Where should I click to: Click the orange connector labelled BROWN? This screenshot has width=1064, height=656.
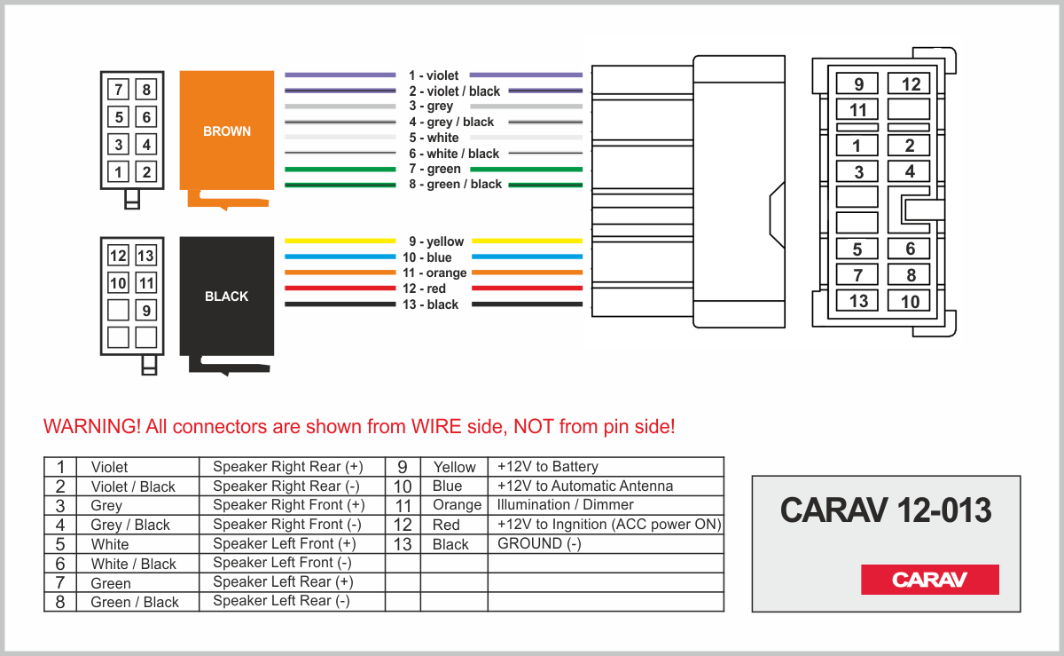(x=227, y=130)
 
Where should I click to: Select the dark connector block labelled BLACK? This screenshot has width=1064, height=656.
(x=227, y=296)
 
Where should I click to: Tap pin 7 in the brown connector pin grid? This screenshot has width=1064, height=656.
(x=118, y=90)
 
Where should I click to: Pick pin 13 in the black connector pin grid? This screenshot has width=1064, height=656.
(x=145, y=256)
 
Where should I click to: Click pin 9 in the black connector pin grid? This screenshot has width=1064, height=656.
(x=145, y=310)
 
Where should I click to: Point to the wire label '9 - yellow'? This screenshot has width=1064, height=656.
(x=436, y=241)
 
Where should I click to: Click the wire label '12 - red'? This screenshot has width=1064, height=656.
(x=424, y=288)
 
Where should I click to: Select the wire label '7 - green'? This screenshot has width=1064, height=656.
(x=434, y=169)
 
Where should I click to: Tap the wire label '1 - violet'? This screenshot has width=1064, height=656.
(x=434, y=75)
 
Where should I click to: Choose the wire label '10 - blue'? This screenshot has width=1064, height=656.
(x=426, y=257)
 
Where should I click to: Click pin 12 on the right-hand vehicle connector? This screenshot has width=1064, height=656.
(x=908, y=83)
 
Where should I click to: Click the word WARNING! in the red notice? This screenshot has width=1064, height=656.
(x=91, y=426)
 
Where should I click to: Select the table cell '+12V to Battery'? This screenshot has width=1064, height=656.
(x=547, y=466)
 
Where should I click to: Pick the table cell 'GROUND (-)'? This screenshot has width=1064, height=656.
(x=539, y=543)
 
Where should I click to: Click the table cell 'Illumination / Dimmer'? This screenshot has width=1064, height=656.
(x=565, y=504)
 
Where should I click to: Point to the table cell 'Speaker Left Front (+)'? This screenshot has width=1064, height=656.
(x=284, y=543)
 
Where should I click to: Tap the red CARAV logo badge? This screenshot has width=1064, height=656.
(x=929, y=579)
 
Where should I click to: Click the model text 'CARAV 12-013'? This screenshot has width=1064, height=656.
(x=886, y=510)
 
